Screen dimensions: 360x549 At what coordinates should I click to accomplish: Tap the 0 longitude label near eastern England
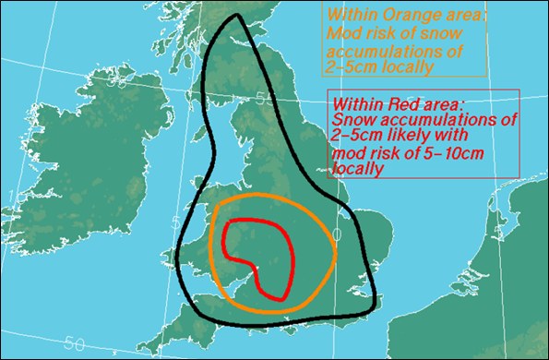coord(336,236)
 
